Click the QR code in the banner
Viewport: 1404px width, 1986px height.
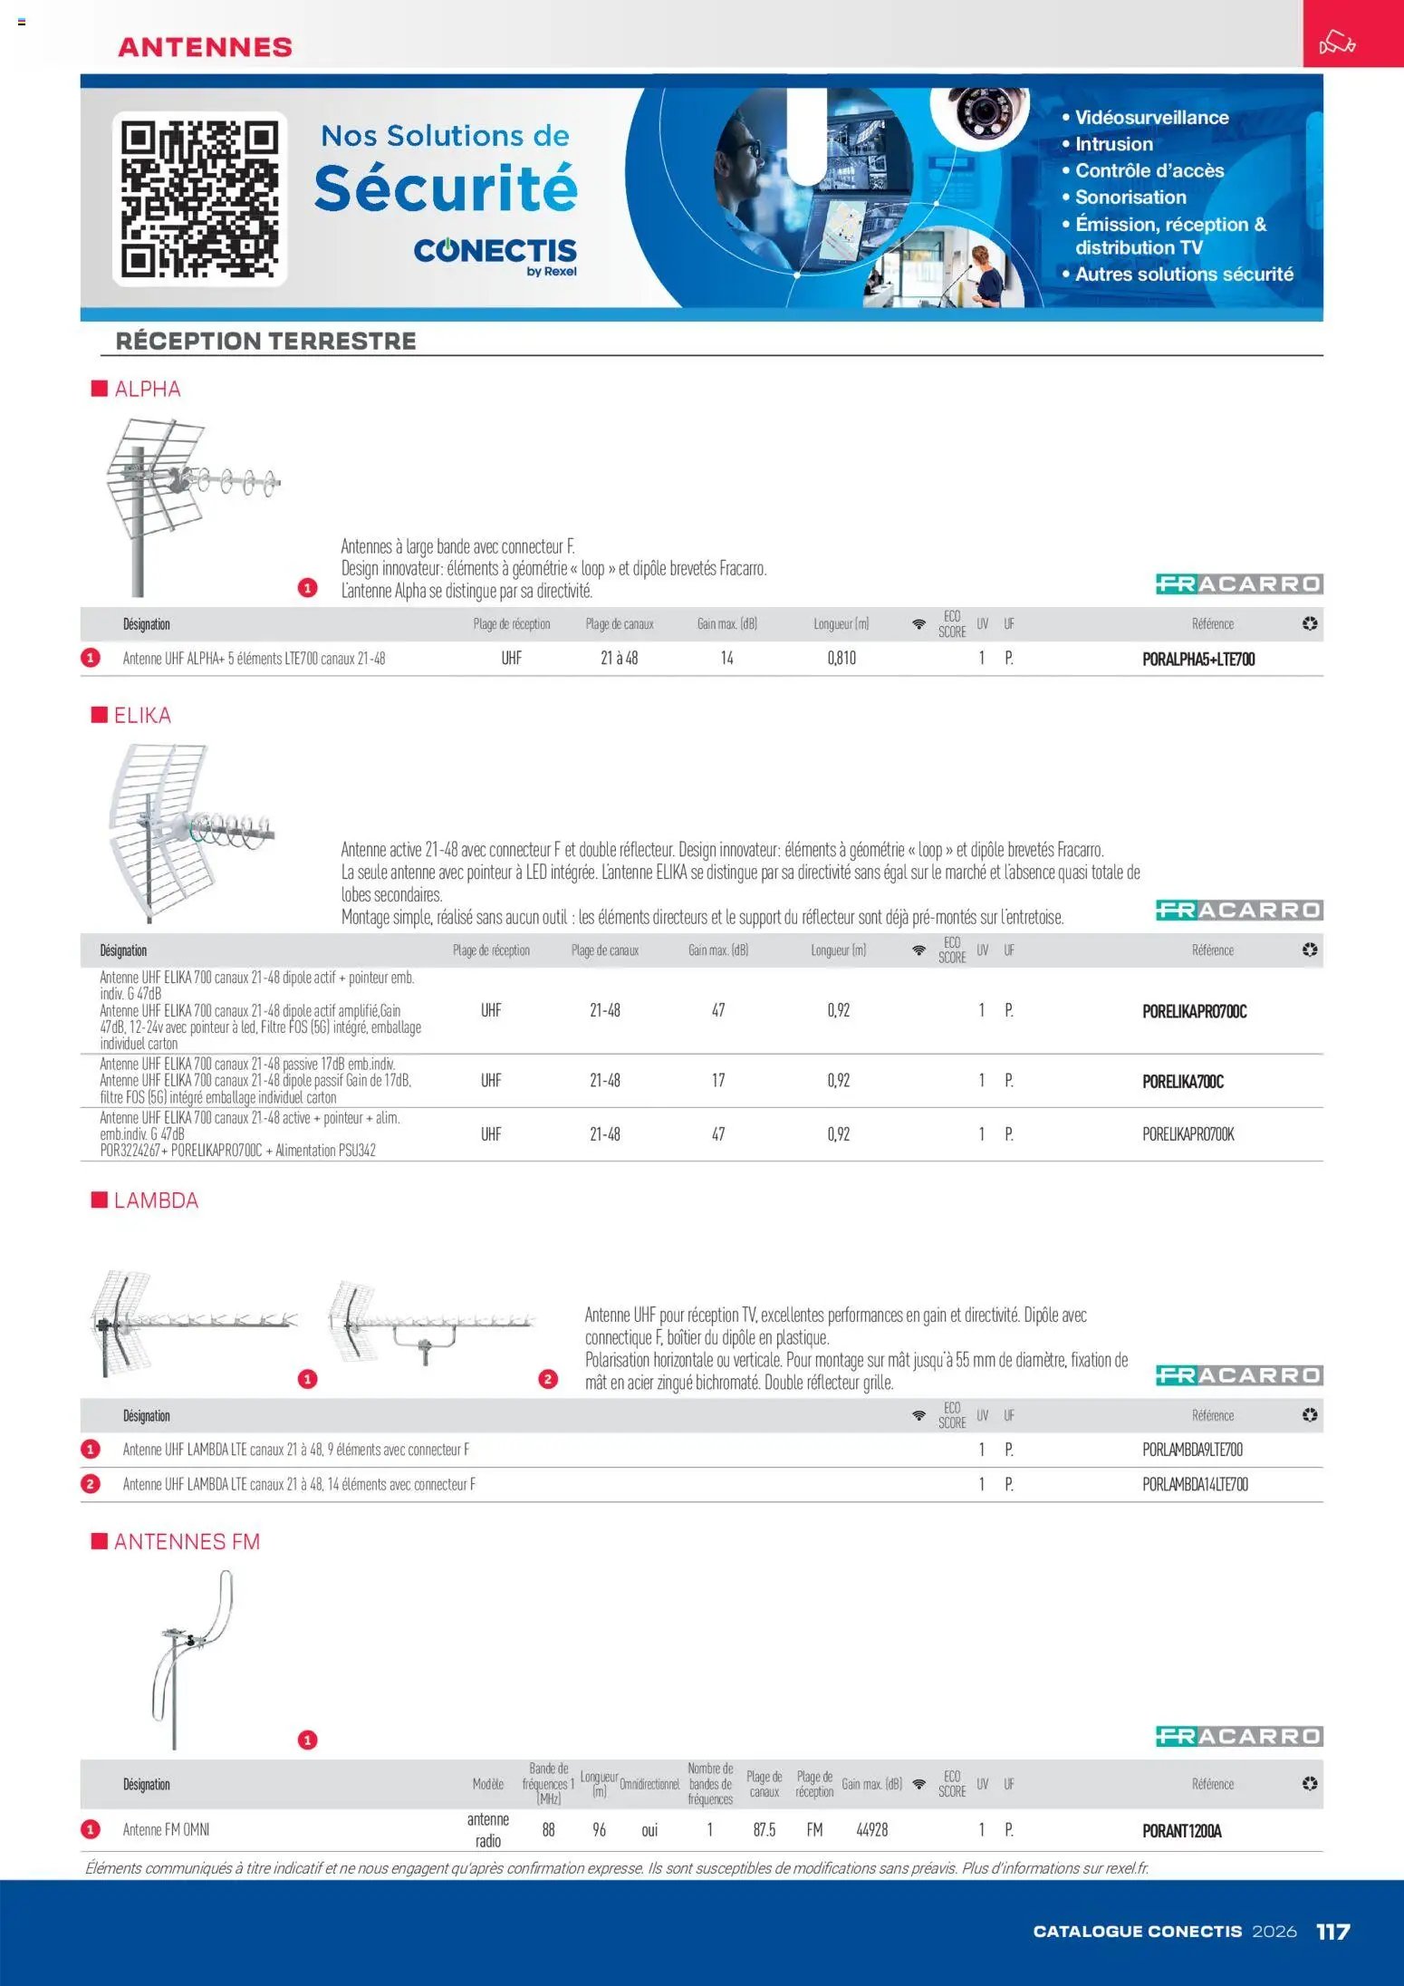(x=199, y=198)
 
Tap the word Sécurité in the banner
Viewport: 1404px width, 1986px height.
(x=446, y=188)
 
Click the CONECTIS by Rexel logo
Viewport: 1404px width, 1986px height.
(x=495, y=255)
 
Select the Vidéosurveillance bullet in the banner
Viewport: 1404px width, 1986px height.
(x=1150, y=118)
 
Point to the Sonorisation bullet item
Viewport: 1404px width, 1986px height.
(x=1130, y=198)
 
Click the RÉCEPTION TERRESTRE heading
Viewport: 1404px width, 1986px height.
(x=266, y=342)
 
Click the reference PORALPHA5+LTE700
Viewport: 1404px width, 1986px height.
(x=1198, y=660)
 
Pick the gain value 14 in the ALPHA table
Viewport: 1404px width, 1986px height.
(x=726, y=659)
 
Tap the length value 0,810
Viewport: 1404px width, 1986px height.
(x=841, y=659)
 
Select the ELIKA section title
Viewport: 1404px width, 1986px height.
(x=142, y=716)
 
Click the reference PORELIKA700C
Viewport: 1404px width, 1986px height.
(x=1183, y=1082)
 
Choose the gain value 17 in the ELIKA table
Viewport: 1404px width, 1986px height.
(x=717, y=1081)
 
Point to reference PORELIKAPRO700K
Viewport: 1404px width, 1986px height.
(x=1188, y=1134)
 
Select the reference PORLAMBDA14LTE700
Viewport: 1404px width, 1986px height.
(x=1195, y=1484)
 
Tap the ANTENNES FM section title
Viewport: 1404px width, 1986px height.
(x=187, y=1542)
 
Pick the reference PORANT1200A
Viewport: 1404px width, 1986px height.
(x=1182, y=1831)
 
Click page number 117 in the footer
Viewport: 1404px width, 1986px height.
(x=1332, y=1932)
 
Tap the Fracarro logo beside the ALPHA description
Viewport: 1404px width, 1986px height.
(x=1238, y=584)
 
